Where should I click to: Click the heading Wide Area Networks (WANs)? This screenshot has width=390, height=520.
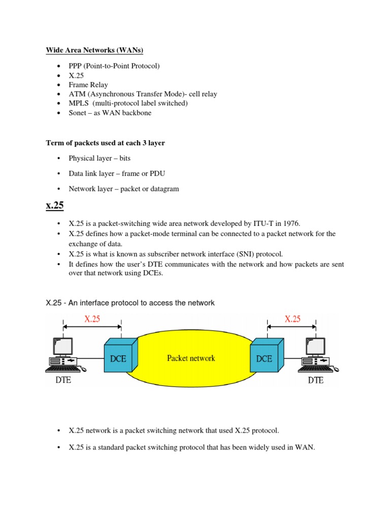(94, 50)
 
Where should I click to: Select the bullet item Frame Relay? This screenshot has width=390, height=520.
(88, 85)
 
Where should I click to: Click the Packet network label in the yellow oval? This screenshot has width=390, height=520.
(191, 358)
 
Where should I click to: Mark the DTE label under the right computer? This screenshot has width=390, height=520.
(315, 380)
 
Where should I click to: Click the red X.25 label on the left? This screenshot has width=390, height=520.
(92, 319)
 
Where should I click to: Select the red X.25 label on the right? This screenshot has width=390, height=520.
(292, 319)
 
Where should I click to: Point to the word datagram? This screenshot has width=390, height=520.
(162, 189)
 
